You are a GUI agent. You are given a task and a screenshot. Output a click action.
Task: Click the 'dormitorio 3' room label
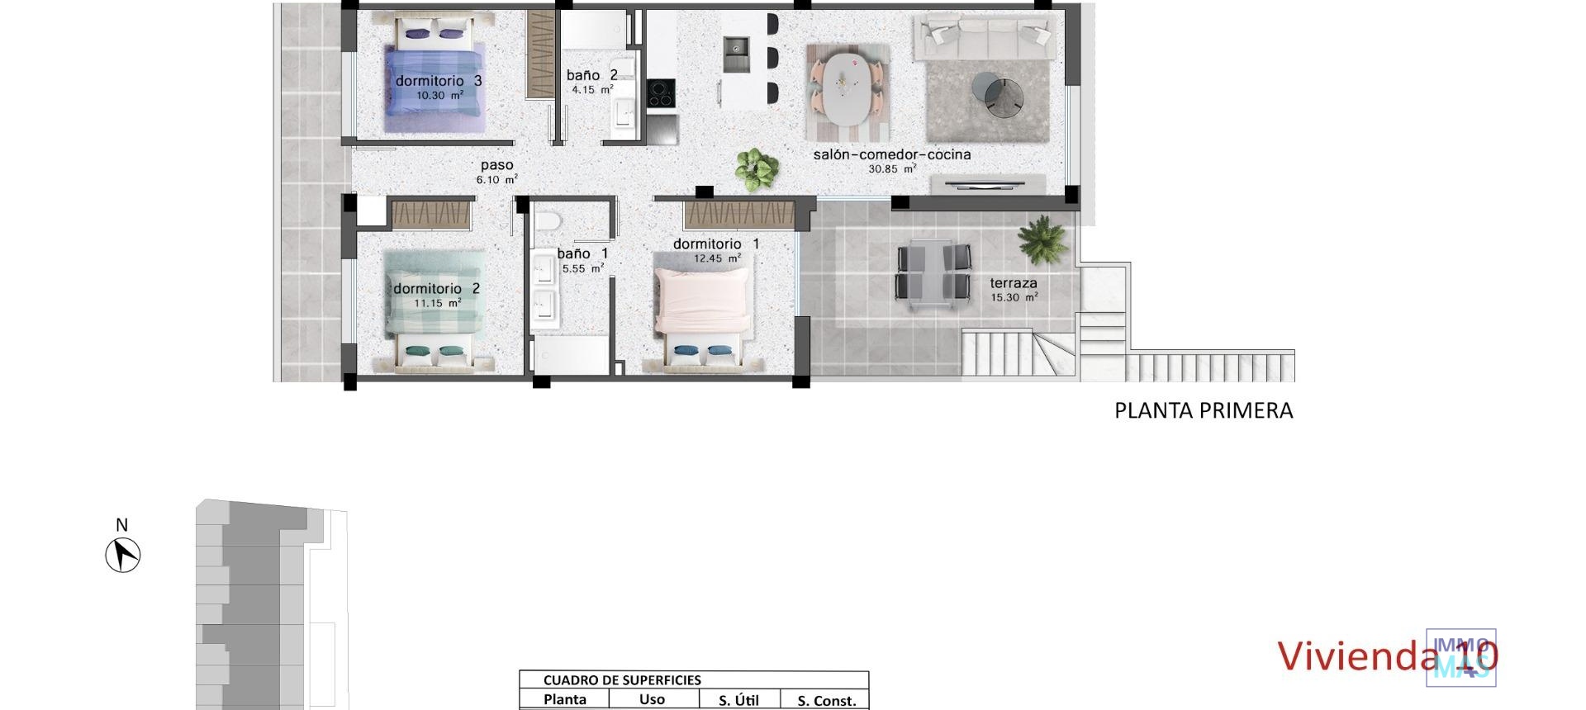coord(438,81)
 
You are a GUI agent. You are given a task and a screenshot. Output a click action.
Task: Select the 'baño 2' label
coord(591,75)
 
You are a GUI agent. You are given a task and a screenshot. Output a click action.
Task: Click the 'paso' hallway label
coord(496,165)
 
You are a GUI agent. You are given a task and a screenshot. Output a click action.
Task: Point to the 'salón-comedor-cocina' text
coord(891,154)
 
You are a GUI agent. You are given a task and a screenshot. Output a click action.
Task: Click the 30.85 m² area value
coord(891,169)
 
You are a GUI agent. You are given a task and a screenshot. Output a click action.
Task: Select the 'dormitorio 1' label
coord(715,244)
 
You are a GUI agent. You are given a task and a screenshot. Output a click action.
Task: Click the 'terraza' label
coord(1013,283)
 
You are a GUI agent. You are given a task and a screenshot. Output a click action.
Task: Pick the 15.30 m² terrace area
coord(1013,298)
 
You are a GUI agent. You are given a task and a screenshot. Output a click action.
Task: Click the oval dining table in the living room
coord(848,88)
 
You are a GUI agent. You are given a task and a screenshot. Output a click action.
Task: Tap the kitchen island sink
coord(735,54)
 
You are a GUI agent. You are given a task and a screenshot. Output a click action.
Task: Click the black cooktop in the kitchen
coord(660,92)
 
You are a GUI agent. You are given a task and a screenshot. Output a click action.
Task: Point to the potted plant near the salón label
coord(756,168)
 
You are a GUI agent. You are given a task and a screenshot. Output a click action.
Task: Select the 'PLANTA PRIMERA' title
coord(1203,410)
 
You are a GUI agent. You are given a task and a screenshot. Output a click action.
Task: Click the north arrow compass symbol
coord(123,554)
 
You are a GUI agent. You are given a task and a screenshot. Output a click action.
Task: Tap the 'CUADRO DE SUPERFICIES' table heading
coord(621,680)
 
